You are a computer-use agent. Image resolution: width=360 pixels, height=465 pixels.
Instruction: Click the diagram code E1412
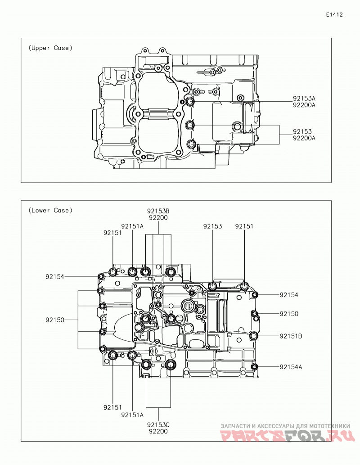pyautogui.click(x=334, y=14)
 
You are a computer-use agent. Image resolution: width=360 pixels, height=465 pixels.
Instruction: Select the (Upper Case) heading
pyautogui.click(x=50, y=48)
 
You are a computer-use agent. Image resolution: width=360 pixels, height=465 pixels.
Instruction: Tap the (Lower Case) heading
pyautogui.click(x=50, y=211)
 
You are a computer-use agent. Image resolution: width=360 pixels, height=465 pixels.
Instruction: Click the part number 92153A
pyautogui.click(x=304, y=99)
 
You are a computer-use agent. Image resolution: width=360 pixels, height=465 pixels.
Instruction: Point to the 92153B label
pyautogui.click(x=158, y=211)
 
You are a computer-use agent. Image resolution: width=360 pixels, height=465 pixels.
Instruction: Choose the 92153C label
pyautogui.click(x=158, y=424)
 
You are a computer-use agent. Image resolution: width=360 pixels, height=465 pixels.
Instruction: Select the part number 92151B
pyautogui.click(x=291, y=336)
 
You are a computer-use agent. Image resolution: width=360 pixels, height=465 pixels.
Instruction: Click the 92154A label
pyautogui.click(x=291, y=367)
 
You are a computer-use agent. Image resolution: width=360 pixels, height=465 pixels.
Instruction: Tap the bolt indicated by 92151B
pyautogui.click(x=253, y=336)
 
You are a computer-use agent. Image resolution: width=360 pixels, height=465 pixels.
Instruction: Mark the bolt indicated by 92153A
pyautogui.click(x=190, y=102)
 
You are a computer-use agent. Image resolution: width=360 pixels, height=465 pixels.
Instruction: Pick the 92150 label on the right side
pyautogui.click(x=289, y=314)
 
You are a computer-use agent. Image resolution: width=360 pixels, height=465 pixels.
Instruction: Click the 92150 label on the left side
pyautogui.click(x=55, y=321)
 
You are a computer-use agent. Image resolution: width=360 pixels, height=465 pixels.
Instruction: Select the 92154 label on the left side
pyautogui.click(x=55, y=277)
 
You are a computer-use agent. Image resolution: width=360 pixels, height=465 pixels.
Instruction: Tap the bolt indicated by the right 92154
pyautogui.click(x=255, y=295)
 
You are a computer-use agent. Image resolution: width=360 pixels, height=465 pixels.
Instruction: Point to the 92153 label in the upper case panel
pyautogui.click(x=302, y=131)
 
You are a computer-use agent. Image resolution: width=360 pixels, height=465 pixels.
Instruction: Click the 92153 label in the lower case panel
pyautogui.click(x=212, y=226)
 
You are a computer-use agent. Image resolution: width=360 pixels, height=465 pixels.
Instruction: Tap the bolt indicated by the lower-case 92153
pyautogui.click(x=213, y=286)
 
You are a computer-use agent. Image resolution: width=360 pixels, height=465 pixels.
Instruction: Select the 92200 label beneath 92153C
pyautogui.click(x=158, y=432)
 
